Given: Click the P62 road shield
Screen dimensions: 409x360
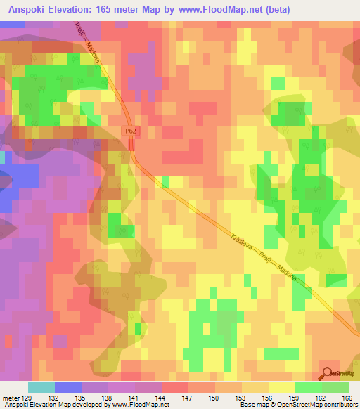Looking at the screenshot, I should tap(131, 131).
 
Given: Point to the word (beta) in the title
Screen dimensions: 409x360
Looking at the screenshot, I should tap(274, 10).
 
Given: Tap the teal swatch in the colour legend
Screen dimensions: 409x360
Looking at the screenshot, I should tap(41, 387).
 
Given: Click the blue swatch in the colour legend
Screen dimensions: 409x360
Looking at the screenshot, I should tap(68, 387).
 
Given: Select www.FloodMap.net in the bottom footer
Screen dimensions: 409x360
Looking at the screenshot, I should tap(137, 405).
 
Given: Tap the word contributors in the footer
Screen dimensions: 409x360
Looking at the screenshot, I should tap(340, 405).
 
